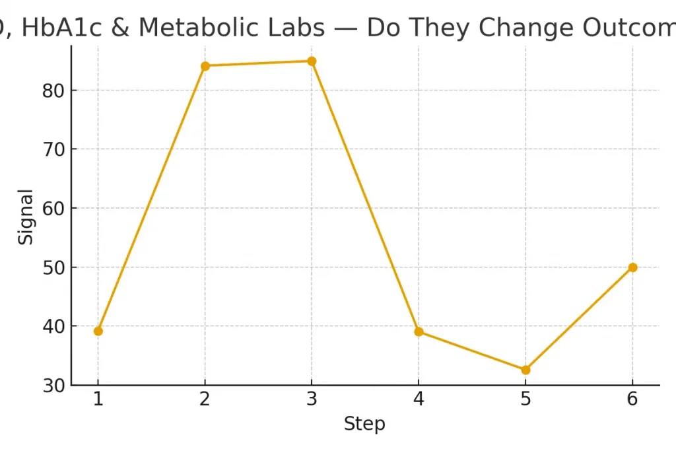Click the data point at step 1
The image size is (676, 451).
pyautogui.click(x=98, y=331)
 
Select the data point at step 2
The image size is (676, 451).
pyautogui.click(x=205, y=65)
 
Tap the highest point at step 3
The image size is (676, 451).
pyautogui.click(x=312, y=61)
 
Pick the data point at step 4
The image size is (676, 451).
pyautogui.click(x=419, y=331)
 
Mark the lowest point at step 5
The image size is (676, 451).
pyautogui.click(x=525, y=370)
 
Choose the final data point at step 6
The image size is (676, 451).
pyautogui.click(x=632, y=267)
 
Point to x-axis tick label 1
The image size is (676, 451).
pyautogui.click(x=98, y=400)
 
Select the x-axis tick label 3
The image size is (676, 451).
pyautogui.click(x=312, y=400)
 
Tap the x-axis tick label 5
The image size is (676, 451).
pyautogui.click(x=525, y=400)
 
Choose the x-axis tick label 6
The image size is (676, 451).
pyautogui.click(x=632, y=400)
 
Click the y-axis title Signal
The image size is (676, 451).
pyautogui.click(x=25, y=217)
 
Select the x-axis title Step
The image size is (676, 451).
pyautogui.click(x=364, y=424)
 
